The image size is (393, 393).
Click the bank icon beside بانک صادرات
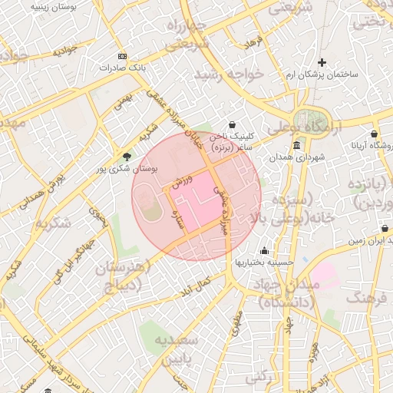[x=123, y=57]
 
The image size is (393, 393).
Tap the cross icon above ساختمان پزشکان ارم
[x=322, y=62]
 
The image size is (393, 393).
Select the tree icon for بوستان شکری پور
[x=127, y=157]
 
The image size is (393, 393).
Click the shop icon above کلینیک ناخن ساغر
[x=233, y=124]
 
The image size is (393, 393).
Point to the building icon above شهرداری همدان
[x=296, y=146]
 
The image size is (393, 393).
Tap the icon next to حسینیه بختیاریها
[x=265, y=250]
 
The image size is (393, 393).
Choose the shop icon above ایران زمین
[x=383, y=229]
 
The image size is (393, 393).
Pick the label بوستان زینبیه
[x=51, y=5]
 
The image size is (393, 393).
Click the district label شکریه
[x=52, y=223]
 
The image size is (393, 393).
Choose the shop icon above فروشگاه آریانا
[x=374, y=134]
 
